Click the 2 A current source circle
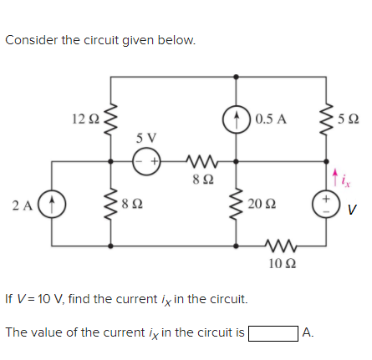click(x=52, y=203)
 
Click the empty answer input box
click(x=273, y=332)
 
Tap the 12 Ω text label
click(x=84, y=119)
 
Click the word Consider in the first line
click(x=31, y=40)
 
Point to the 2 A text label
click(x=23, y=203)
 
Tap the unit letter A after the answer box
click(x=308, y=332)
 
